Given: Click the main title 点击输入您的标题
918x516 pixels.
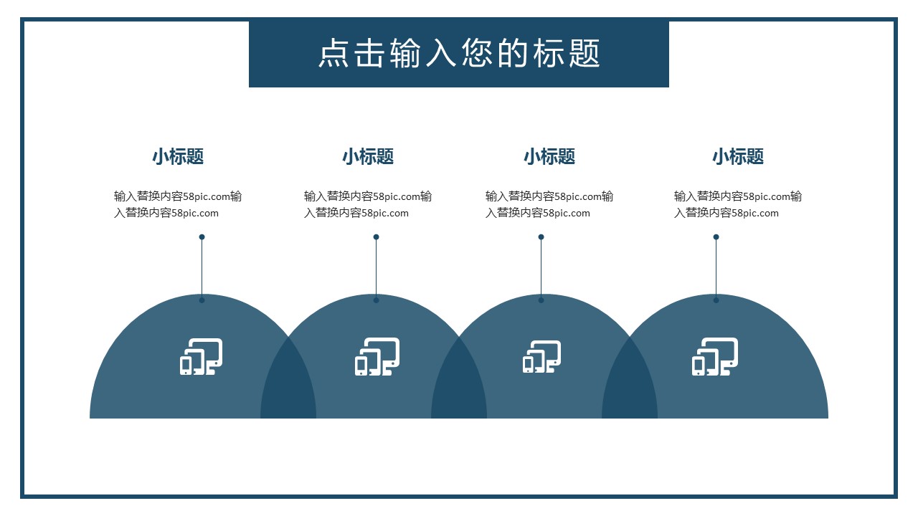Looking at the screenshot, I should tap(459, 54).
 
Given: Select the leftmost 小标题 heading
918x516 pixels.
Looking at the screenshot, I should tap(178, 156).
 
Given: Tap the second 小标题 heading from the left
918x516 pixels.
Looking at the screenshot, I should tap(368, 156).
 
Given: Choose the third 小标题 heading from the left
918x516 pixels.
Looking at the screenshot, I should tap(549, 156).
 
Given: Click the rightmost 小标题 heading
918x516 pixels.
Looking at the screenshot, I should tap(738, 156).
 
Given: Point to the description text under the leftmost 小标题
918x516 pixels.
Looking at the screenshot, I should tap(178, 204).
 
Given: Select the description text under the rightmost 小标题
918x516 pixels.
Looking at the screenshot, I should tap(738, 204).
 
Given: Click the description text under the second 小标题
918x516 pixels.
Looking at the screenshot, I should tap(368, 204).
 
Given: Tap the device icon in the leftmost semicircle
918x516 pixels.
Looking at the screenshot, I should tap(201, 356).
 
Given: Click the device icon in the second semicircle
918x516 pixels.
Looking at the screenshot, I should tap(377, 356).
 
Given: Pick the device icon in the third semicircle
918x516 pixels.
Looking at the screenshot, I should tap(541, 356).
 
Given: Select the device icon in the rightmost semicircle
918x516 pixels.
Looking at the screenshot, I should tap(715, 356).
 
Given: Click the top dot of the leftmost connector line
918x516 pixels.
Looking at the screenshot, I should tap(202, 237).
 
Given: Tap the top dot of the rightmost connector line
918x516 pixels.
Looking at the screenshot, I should tap(716, 237).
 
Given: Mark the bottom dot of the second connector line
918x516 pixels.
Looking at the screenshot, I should tap(376, 300).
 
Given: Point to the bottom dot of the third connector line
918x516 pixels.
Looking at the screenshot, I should tap(541, 300).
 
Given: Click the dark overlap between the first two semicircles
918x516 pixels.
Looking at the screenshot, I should tap(288, 383).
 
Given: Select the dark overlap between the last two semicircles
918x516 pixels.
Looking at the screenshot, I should tap(630, 383).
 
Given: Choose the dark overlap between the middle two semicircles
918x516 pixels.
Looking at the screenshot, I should tap(459, 383).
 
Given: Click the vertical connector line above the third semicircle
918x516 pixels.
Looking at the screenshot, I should tap(541, 269).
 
